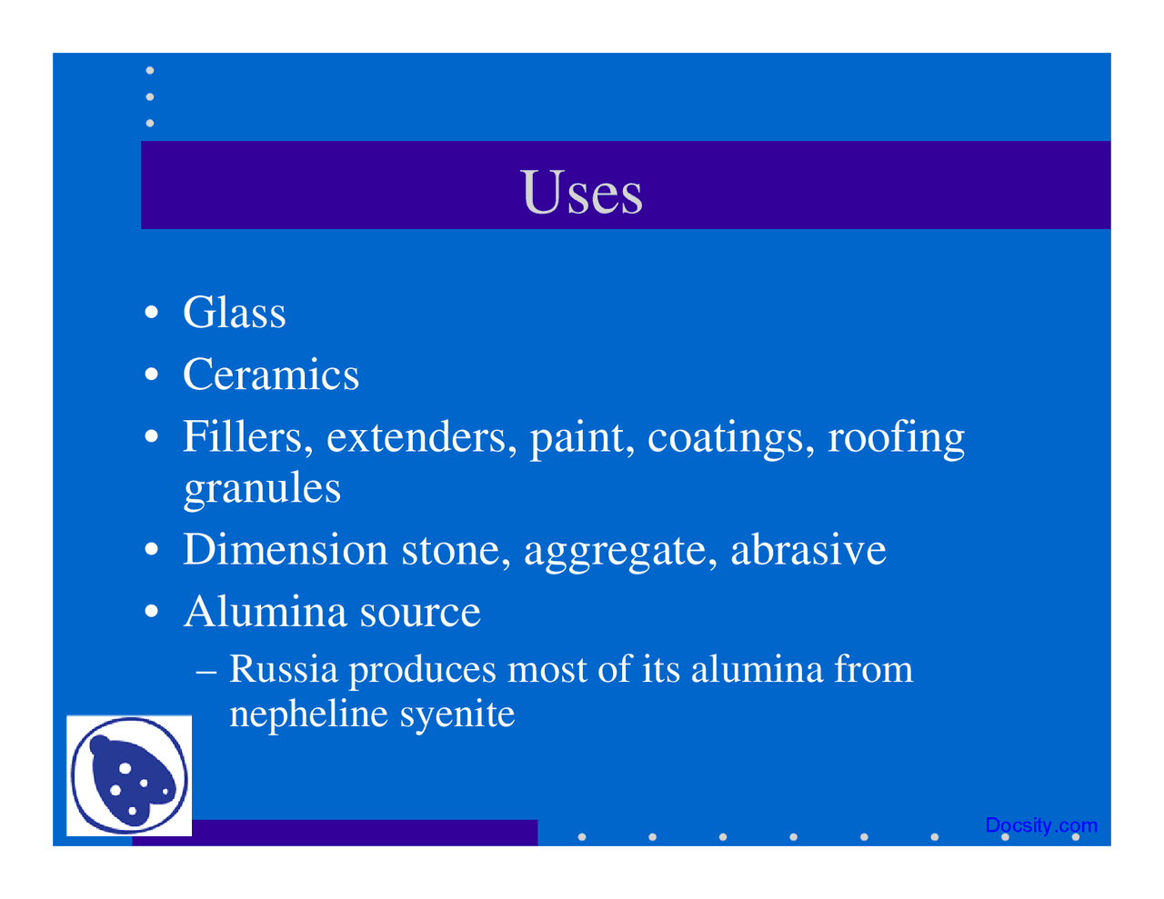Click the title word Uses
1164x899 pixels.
click(583, 192)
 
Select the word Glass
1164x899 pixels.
click(235, 313)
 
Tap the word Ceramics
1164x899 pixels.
click(271, 375)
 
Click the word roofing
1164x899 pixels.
click(896, 438)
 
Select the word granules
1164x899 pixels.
click(262, 488)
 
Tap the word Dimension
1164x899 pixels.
click(286, 550)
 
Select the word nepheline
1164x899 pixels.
click(308, 714)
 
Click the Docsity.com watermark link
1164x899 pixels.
click(1041, 825)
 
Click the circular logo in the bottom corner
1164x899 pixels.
click(129, 775)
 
